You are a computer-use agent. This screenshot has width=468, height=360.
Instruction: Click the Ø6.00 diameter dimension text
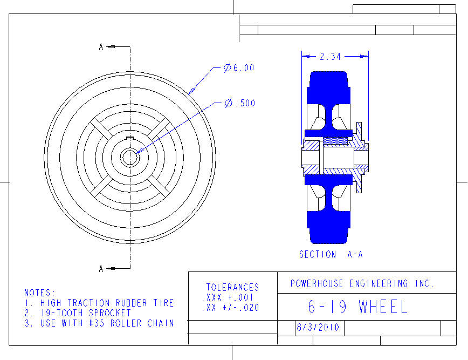239,68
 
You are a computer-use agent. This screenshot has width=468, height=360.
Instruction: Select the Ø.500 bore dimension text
240,103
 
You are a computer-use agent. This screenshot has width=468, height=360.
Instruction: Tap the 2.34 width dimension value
330,57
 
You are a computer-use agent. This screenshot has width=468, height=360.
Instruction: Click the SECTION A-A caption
331,255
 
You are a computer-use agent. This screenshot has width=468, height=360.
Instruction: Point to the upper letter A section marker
101,47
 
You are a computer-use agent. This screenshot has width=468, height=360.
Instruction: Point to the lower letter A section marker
101,269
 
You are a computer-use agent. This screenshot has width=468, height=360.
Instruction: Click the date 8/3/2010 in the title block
318,328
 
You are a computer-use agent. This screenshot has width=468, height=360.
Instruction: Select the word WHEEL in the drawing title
383,307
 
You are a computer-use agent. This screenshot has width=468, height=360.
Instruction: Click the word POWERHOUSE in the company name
316,283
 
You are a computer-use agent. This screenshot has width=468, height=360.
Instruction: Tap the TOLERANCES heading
233,287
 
